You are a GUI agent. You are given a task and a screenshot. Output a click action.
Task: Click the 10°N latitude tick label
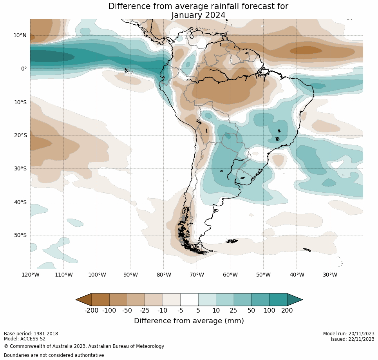click(20, 35)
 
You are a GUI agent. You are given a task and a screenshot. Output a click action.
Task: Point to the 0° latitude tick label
click(24, 69)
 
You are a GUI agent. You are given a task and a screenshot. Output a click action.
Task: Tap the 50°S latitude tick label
click(20, 235)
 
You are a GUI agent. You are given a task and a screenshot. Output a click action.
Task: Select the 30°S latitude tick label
click(20, 169)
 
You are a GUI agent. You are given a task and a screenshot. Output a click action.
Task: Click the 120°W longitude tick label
click(30, 275)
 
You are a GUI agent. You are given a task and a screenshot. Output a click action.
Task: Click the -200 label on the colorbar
click(91, 311)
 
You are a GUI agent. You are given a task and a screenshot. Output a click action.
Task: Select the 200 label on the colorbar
click(287, 311)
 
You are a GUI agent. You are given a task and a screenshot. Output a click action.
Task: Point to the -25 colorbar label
click(145, 311)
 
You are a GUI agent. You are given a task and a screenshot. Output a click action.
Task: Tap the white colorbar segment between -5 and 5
click(189, 300)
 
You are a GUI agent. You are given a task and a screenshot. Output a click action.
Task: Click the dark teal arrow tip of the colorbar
click(295, 300)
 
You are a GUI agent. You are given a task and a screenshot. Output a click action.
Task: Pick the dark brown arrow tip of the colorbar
click(83, 300)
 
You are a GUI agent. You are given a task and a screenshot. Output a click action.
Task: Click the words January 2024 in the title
click(198, 15)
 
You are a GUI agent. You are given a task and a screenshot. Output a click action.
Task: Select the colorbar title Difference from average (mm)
click(189, 321)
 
